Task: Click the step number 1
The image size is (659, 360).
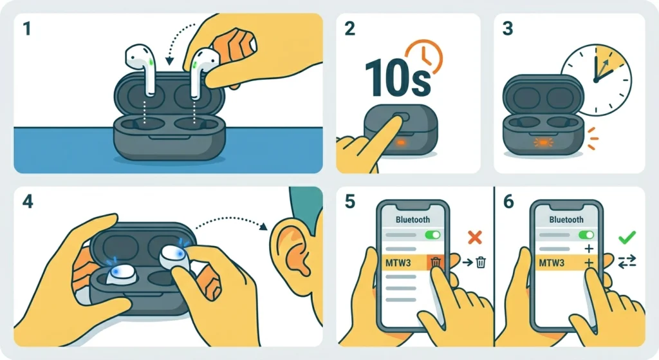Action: click(27, 28)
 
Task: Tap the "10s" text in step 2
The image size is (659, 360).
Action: click(397, 79)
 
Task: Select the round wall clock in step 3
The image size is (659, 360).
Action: click(597, 80)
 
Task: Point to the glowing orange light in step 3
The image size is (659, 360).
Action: click(543, 142)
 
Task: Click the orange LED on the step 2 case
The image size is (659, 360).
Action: click(400, 142)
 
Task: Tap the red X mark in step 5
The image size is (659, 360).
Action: click(475, 237)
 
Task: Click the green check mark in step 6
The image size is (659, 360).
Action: click(627, 237)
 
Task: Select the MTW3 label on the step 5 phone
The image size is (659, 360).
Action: click(398, 263)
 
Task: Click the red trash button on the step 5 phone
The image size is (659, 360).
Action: click(436, 263)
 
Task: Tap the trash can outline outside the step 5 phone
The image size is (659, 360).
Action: click(480, 263)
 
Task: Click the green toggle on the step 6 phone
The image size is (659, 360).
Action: click(587, 234)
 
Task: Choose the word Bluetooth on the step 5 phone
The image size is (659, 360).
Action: click(413, 220)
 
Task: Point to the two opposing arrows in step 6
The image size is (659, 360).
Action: click(627, 262)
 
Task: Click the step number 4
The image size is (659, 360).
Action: click(27, 202)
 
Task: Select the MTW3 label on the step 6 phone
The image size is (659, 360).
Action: click(552, 263)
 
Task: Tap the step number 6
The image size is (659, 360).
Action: click(508, 202)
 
